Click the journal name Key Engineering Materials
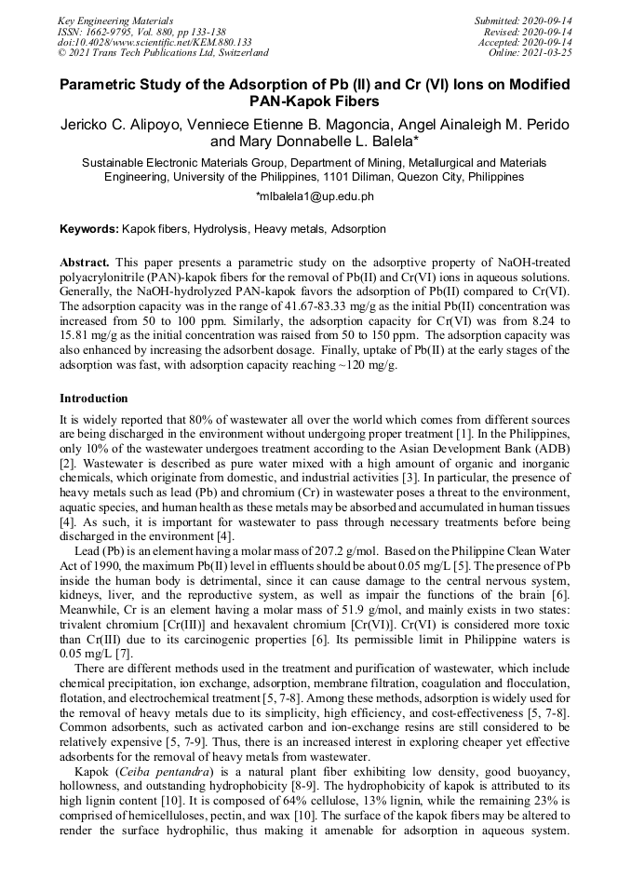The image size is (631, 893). pyautogui.click(x=115, y=20)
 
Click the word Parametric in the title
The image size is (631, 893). pyautogui.click(x=103, y=84)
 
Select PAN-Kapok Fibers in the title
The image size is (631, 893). pyautogui.click(x=315, y=101)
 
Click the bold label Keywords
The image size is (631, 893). pyautogui.click(x=88, y=228)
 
